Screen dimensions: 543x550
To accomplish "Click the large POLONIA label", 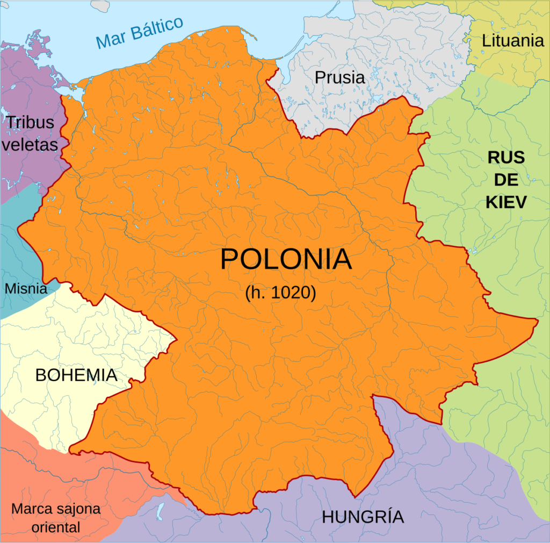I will coord(286,260).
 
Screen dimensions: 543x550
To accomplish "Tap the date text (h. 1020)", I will coord(280,294).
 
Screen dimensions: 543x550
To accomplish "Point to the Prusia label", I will coord(339,77).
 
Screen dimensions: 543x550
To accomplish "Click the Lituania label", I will coord(513,40).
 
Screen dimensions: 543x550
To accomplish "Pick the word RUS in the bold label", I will coord(506,158).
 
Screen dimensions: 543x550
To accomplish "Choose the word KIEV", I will coord(506,202).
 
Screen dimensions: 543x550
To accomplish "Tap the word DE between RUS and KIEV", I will coord(506,180).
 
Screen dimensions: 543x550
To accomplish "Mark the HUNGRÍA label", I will coord(363,517).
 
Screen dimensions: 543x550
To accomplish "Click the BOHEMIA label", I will coord(76,375).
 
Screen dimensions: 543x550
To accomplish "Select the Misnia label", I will coord(26,289).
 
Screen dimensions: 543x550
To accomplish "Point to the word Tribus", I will coord(30,123).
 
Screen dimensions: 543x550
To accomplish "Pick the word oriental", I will coord(56,527).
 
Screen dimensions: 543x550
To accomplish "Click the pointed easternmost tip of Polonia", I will coord(537,321).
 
